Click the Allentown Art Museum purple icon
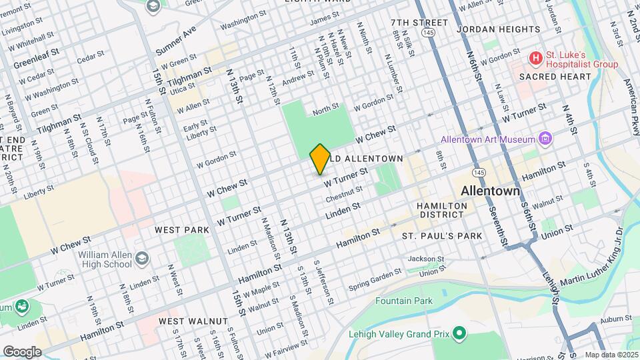click(546, 139)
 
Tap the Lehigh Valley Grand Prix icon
click(459, 332)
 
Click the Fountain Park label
click(403, 301)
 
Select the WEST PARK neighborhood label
click(182, 229)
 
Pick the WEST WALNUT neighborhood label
click(193, 321)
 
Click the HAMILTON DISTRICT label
click(441, 210)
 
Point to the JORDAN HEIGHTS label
click(499, 29)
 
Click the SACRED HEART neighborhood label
click(555, 77)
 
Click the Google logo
click(22, 351)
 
